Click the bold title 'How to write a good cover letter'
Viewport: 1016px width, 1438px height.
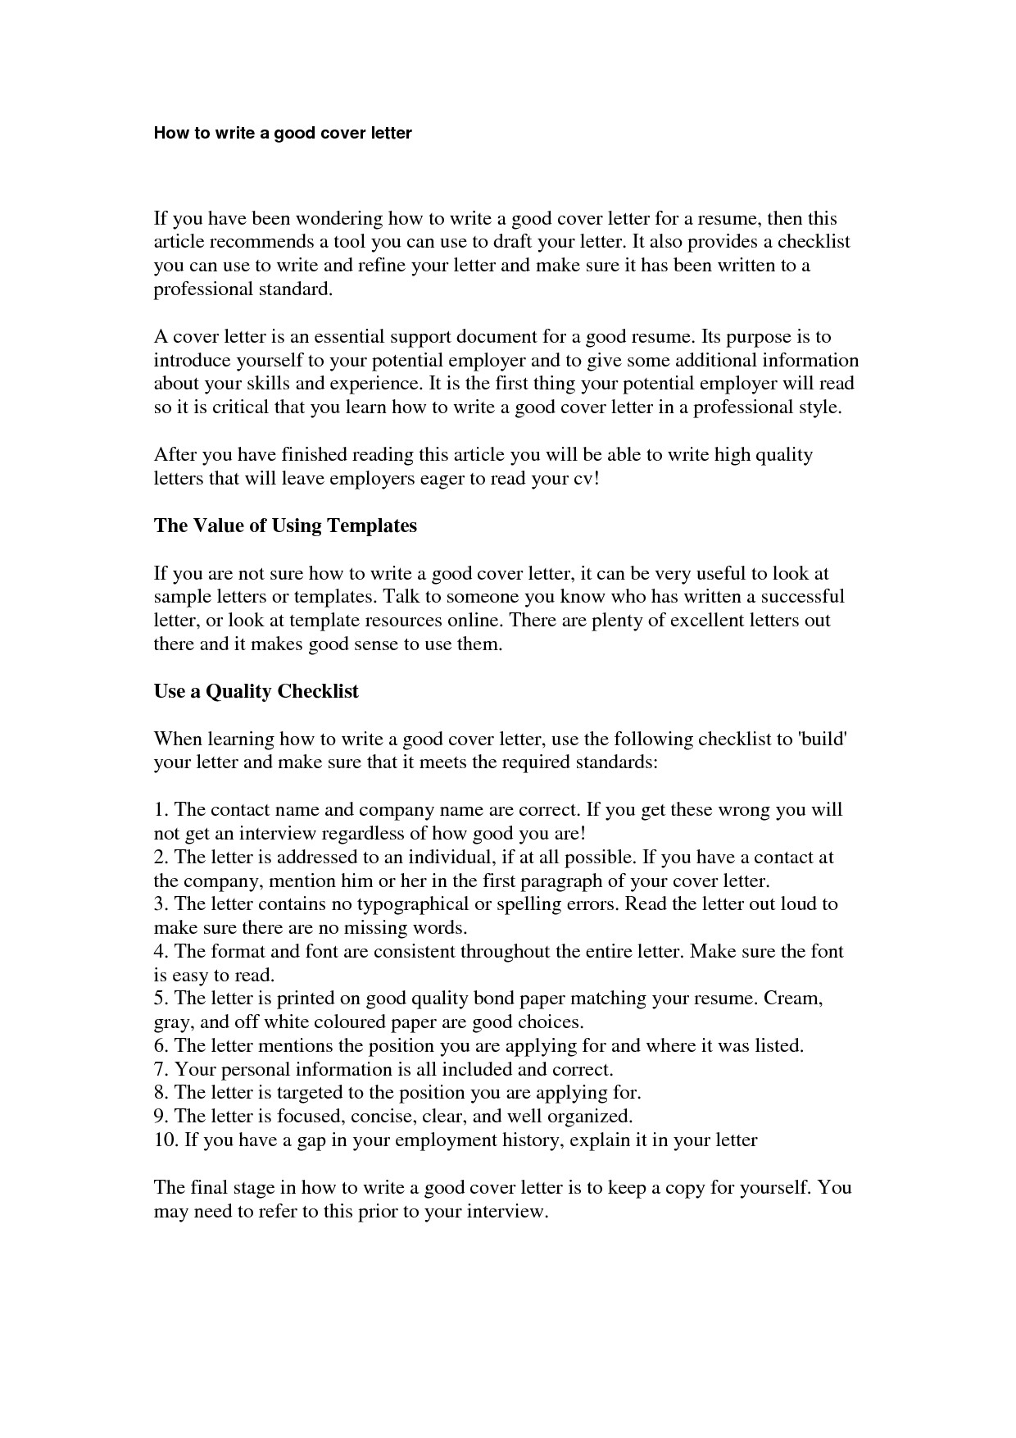point(283,133)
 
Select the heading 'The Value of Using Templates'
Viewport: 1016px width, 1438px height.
point(285,526)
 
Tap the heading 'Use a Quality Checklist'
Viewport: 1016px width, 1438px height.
point(256,691)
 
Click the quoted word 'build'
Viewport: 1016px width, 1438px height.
point(822,739)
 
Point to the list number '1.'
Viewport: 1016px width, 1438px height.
point(161,810)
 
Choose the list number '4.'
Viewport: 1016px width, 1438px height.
point(162,952)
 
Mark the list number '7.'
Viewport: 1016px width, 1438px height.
point(162,1070)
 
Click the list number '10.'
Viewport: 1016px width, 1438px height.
point(166,1140)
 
